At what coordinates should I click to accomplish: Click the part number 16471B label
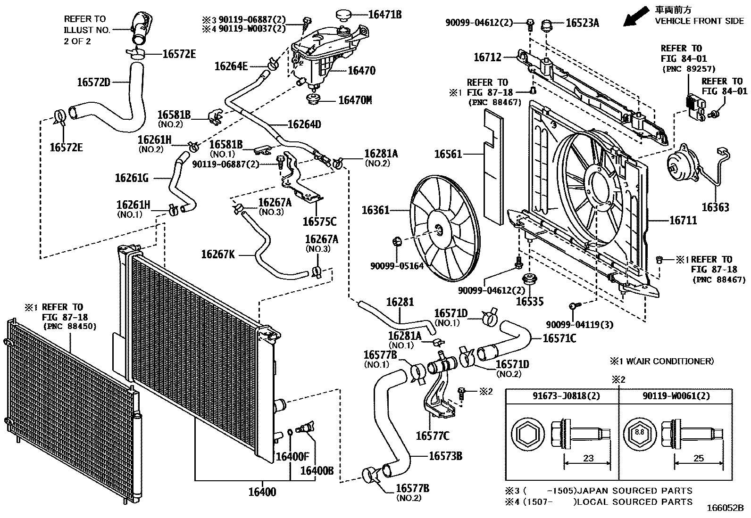(384, 15)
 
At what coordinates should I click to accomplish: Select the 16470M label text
(355, 100)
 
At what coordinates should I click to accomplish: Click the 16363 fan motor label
(715, 207)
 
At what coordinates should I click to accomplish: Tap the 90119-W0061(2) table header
(676, 396)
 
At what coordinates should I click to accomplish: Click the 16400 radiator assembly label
(262, 492)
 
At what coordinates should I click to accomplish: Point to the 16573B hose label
(445, 456)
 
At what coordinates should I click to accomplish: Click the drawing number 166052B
(725, 508)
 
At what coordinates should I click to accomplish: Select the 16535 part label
(530, 302)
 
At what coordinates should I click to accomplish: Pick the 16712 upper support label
(487, 57)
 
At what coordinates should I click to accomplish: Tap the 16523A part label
(582, 22)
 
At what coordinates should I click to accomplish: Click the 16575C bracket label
(319, 221)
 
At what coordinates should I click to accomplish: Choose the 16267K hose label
(217, 255)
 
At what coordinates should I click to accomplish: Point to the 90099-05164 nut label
(397, 266)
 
